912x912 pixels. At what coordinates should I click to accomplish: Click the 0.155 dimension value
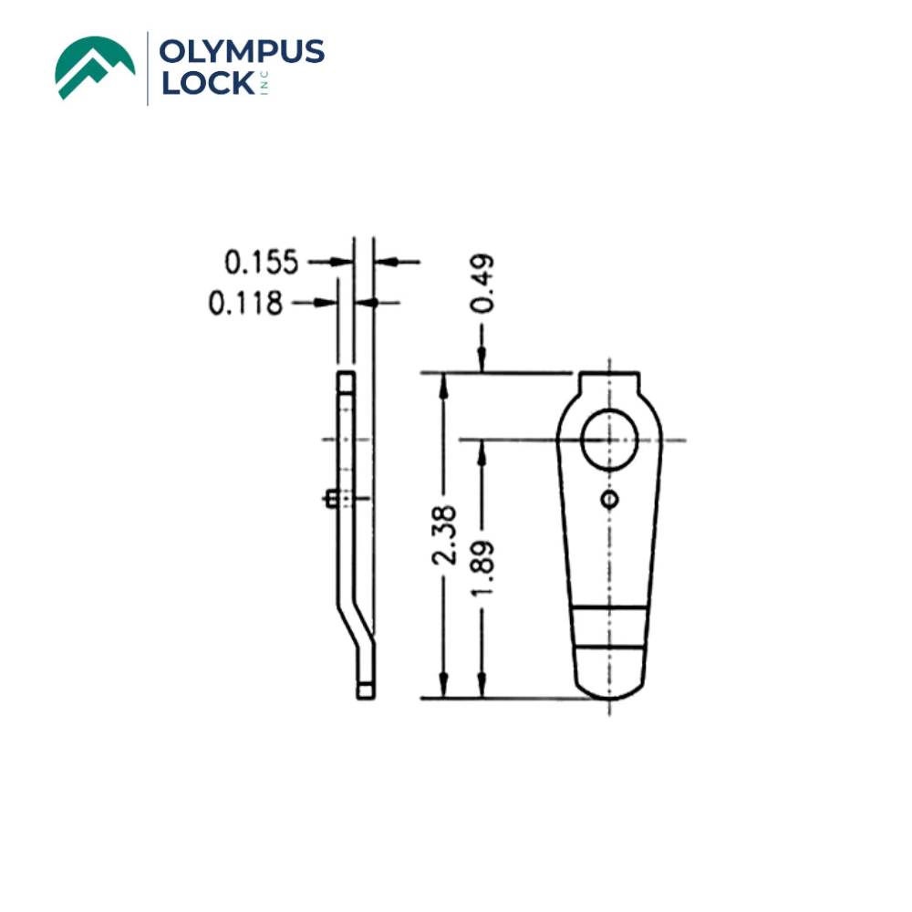(262, 264)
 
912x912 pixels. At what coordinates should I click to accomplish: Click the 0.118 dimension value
(245, 303)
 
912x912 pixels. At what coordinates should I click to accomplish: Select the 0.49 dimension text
(482, 284)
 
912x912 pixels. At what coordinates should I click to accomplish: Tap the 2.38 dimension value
(445, 541)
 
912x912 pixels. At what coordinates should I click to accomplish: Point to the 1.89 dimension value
(482, 567)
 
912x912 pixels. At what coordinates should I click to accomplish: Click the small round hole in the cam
(609, 498)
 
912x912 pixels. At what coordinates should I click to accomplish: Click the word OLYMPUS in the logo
(241, 51)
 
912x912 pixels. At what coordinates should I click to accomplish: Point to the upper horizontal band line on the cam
(609, 606)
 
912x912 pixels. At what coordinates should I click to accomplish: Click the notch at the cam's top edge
(608, 376)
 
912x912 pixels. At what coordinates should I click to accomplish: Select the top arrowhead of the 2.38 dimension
(445, 382)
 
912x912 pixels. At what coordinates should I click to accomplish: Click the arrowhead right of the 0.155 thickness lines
(384, 263)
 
